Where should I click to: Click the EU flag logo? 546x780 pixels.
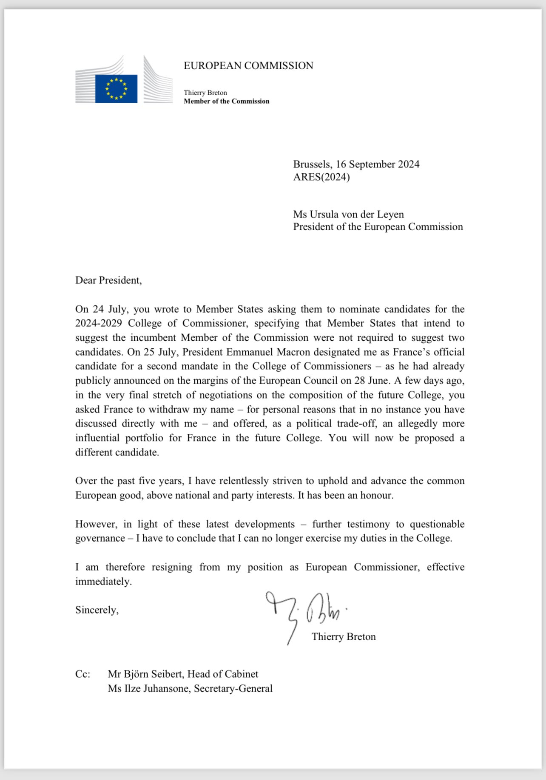click(116, 88)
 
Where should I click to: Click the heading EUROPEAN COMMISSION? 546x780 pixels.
click(248, 65)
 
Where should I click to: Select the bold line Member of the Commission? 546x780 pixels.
click(226, 101)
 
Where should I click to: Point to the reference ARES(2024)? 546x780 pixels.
click(321, 177)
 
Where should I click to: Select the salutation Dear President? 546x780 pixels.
click(108, 280)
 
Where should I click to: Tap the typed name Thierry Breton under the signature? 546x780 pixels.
click(344, 636)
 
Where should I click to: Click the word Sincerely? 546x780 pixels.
click(97, 610)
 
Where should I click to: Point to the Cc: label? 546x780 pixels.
click(82, 674)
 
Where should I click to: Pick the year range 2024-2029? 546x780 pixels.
click(99, 323)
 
